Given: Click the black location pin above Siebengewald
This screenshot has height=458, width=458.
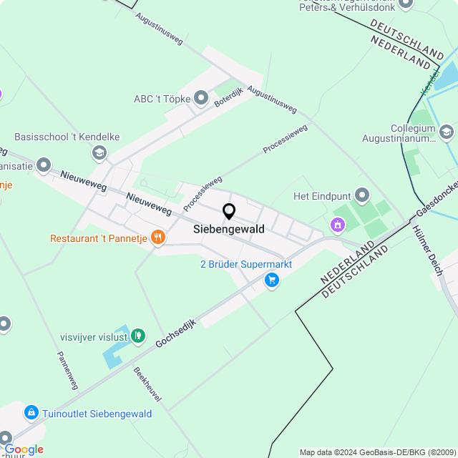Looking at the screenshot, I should click(x=229, y=212).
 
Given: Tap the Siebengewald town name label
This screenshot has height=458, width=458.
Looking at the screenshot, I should click(x=229, y=230).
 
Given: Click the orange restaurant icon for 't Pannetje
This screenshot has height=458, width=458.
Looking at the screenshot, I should click(x=158, y=238).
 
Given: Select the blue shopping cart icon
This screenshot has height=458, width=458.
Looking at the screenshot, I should click(x=271, y=281).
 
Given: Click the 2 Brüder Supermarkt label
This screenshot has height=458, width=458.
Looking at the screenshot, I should click(x=246, y=264).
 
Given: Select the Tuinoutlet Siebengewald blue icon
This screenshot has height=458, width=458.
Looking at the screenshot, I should click(x=31, y=413).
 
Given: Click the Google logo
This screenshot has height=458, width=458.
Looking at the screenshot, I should click(x=24, y=449).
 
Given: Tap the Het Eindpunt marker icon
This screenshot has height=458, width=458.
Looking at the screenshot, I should click(x=362, y=195).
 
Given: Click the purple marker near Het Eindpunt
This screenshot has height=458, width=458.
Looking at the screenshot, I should click(x=337, y=225).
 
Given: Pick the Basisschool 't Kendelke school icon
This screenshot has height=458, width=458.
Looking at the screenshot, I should click(x=99, y=152).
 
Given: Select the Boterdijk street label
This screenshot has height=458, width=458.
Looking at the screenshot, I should click(x=229, y=97).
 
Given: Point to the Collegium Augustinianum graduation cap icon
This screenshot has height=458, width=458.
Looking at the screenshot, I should click(x=447, y=132).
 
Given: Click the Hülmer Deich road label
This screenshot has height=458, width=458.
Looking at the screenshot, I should click(x=428, y=250).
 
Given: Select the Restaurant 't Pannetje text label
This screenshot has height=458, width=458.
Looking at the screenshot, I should click(x=98, y=238).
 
